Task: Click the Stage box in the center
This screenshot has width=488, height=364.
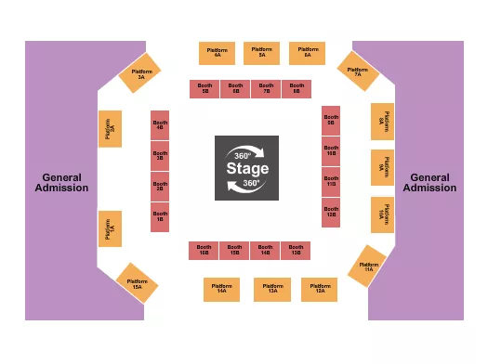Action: click(x=247, y=168)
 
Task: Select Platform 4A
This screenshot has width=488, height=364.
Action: click(x=217, y=53)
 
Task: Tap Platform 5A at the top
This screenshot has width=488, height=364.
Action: click(x=261, y=53)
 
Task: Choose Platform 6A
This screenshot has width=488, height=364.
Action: click(x=307, y=53)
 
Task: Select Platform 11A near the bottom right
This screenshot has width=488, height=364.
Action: click(x=368, y=266)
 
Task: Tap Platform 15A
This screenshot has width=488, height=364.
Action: click(x=137, y=282)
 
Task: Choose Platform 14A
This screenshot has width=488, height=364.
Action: click(x=221, y=289)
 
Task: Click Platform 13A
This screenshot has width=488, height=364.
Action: click(x=271, y=289)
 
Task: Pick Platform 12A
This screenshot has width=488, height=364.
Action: click(x=319, y=289)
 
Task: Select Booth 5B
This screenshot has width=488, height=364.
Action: click(x=204, y=89)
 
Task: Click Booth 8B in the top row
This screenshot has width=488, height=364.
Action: click(x=297, y=89)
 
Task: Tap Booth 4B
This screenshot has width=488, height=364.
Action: click(x=160, y=124)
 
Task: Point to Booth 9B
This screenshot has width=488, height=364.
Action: click(x=330, y=120)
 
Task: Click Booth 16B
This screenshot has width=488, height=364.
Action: click(x=204, y=250)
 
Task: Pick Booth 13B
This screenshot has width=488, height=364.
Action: click(x=296, y=250)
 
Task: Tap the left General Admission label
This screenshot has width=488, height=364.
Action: click(x=62, y=182)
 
